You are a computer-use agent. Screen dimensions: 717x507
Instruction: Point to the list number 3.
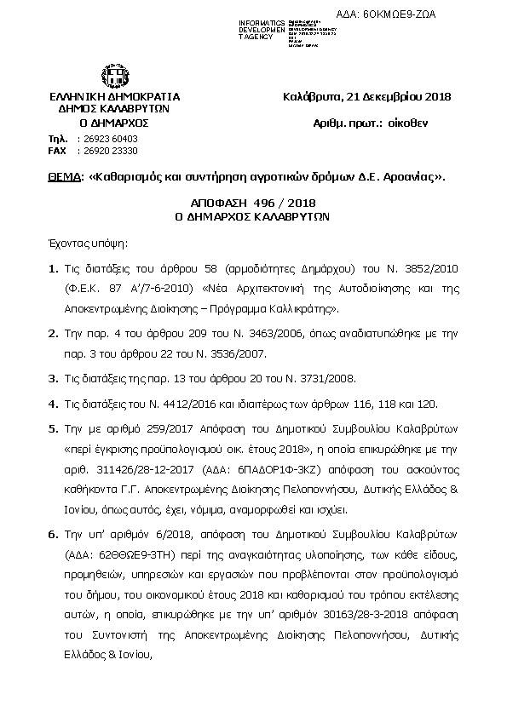pos(52,378)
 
